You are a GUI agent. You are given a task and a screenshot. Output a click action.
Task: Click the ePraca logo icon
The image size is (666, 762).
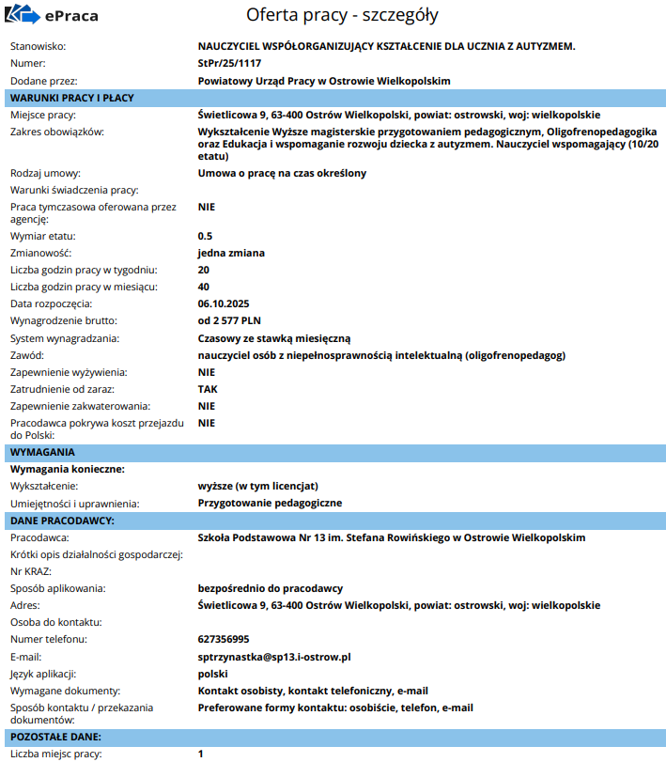tap(23, 16)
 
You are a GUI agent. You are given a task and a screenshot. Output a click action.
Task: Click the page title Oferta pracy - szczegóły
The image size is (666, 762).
tap(342, 16)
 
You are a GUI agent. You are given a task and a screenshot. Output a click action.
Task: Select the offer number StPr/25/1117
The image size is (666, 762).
tap(229, 63)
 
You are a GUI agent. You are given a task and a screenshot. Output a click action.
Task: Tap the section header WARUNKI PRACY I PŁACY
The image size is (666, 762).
tap(71, 98)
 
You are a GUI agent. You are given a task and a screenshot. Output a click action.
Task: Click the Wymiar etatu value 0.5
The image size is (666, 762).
tap(205, 236)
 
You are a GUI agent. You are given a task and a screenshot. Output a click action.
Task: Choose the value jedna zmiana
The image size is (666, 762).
tap(231, 253)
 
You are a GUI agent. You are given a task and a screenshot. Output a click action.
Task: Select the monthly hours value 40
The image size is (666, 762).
tap(204, 287)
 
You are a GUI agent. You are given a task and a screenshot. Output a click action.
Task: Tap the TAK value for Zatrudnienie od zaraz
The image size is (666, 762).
tap(208, 389)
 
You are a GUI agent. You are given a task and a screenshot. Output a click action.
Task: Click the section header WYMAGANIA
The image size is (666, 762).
tap(42, 452)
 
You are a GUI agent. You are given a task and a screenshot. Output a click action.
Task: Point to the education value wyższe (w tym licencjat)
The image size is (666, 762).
tap(258, 486)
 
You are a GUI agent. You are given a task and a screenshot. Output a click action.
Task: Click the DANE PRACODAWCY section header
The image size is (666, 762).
tap(62, 520)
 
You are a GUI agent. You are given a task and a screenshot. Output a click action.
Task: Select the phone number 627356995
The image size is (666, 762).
tap(224, 639)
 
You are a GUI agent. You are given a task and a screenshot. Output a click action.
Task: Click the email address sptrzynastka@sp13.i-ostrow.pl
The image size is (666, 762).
tap(274, 656)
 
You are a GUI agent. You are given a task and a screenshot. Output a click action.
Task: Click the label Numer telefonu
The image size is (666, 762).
tap(48, 639)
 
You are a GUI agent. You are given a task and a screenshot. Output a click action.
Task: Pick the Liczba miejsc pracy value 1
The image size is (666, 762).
tap(201, 754)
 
